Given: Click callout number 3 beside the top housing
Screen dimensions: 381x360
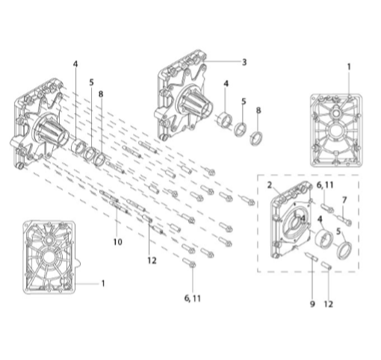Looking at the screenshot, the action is coord(244,62).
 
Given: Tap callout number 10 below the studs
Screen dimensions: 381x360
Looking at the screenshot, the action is coord(118,242).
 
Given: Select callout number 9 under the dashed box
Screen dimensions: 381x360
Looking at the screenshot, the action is coord(312,304).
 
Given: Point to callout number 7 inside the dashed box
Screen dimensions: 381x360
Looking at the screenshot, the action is coord(344,200).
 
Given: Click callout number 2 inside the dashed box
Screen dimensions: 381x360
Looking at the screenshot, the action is coord(269,185).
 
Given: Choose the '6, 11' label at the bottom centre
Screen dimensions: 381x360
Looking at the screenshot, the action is coord(193,298).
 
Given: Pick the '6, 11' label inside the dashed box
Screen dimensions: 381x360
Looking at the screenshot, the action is coord(325,185).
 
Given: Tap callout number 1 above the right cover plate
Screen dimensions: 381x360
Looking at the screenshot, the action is coord(349,66).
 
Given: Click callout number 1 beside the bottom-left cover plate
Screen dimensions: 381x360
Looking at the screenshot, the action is coord(103,283).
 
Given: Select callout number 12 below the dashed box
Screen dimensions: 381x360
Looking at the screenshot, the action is coord(329,304).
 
